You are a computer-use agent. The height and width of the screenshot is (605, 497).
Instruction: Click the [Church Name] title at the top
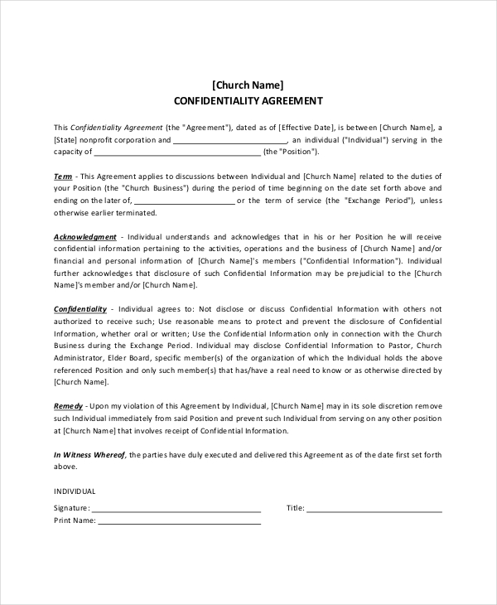[x=248, y=85]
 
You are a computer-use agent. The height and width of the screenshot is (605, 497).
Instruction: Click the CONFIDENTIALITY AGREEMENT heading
[x=248, y=101]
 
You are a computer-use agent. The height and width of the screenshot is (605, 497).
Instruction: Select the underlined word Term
[x=63, y=177]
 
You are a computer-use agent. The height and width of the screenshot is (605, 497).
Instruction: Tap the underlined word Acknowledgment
[x=85, y=237]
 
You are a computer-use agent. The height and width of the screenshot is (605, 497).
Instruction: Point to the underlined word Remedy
[x=68, y=407]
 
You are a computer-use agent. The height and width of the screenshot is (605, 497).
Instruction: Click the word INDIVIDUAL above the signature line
[x=75, y=491]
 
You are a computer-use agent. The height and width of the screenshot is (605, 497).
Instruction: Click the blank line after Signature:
[x=176, y=508]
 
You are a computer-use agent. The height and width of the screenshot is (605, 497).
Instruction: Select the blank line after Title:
[x=374, y=508]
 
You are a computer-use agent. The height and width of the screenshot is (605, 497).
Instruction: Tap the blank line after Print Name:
[x=180, y=521]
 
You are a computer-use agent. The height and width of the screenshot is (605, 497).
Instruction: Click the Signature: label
[x=71, y=508]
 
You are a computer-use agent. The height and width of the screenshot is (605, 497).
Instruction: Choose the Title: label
[x=296, y=508]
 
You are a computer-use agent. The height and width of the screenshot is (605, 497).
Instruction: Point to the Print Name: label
[x=75, y=521]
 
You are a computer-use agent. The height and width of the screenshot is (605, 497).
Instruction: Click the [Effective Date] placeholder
[x=306, y=128]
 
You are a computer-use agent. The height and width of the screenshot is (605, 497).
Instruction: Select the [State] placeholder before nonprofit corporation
[x=69, y=140]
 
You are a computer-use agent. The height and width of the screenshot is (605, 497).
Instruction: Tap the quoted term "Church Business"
[x=157, y=188]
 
